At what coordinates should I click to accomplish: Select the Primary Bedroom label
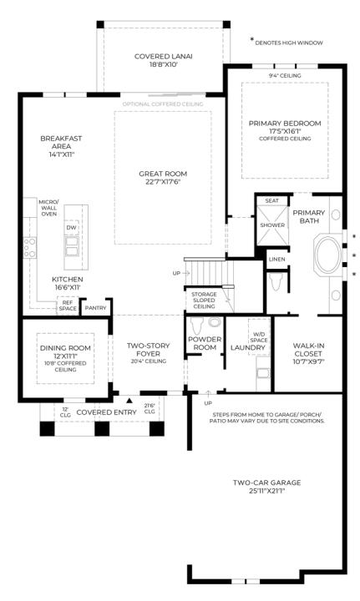(284, 123)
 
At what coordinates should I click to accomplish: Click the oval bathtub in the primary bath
(327, 254)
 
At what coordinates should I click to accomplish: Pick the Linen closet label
(276, 260)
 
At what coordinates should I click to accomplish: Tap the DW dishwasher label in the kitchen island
(72, 227)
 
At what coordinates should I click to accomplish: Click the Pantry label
(95, 307)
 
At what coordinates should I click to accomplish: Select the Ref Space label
(67, 306)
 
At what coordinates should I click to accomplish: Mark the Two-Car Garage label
(266, 483)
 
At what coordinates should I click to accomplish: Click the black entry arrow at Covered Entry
(129, 402)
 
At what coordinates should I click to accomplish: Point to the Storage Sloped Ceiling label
(204, 300)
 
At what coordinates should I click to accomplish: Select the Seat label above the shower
(271, 200)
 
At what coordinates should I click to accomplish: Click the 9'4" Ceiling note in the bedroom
(284, 76)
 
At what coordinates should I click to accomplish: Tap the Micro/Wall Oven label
(48, 208)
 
